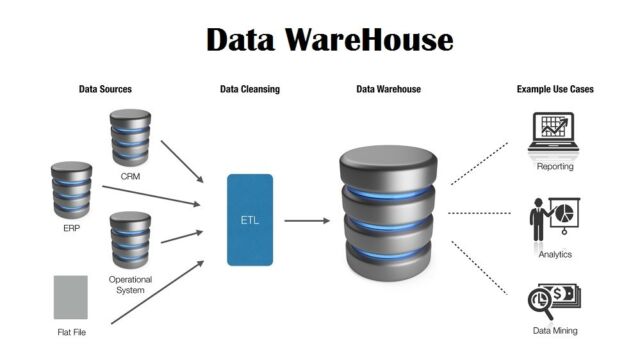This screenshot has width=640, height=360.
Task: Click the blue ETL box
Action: click(250, 219)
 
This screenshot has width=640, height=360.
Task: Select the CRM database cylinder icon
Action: click(130, 137)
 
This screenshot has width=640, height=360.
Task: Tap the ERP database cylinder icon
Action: click(71, 189)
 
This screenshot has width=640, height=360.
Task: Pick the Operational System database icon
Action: click(130, 237)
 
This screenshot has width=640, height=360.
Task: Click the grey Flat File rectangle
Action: click(71, 297)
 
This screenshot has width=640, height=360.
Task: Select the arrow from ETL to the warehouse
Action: click(307, 220)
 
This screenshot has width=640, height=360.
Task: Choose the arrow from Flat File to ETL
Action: click(157, 291)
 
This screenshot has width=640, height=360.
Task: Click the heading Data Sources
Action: click(105, 89)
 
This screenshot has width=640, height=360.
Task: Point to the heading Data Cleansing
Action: click(250, 89)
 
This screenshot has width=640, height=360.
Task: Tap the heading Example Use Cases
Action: click(555, 89)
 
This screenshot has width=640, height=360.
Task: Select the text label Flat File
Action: click(71, 332)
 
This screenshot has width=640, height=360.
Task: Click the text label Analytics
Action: click(555, 254)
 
